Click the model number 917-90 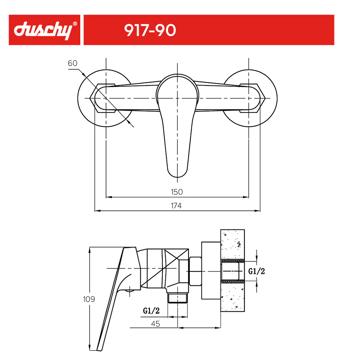(x=150, y=30)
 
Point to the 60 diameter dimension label (x=72, y=63)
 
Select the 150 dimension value (x=177, y=192)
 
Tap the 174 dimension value (x=176, y=205)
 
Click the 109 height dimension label (x=89, y=299)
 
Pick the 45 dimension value (x=155, y=324)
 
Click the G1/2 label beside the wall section (x=256, y=271)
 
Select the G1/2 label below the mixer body (x=151, y=310)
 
